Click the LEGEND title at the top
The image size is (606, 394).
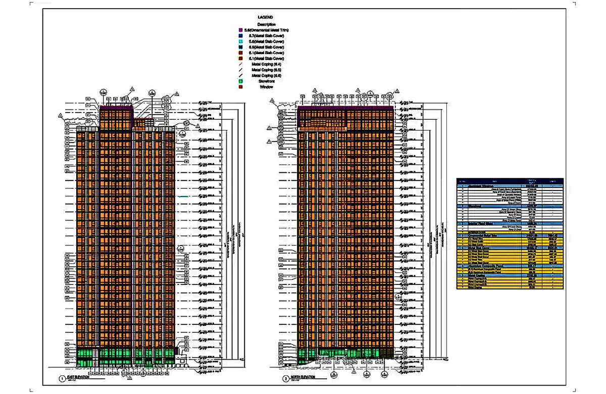coord(265,17)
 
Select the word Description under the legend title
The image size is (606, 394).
coord(266,24)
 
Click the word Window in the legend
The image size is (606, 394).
coord(266,86)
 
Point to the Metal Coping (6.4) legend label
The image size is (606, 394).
coord(266,64)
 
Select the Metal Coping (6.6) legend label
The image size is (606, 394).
coord(266,75)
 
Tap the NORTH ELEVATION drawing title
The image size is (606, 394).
coord(302,377)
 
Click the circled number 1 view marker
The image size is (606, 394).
coord(62,378)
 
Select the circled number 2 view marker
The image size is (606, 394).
coord(285,378)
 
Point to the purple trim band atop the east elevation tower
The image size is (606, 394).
coord(117,108)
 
